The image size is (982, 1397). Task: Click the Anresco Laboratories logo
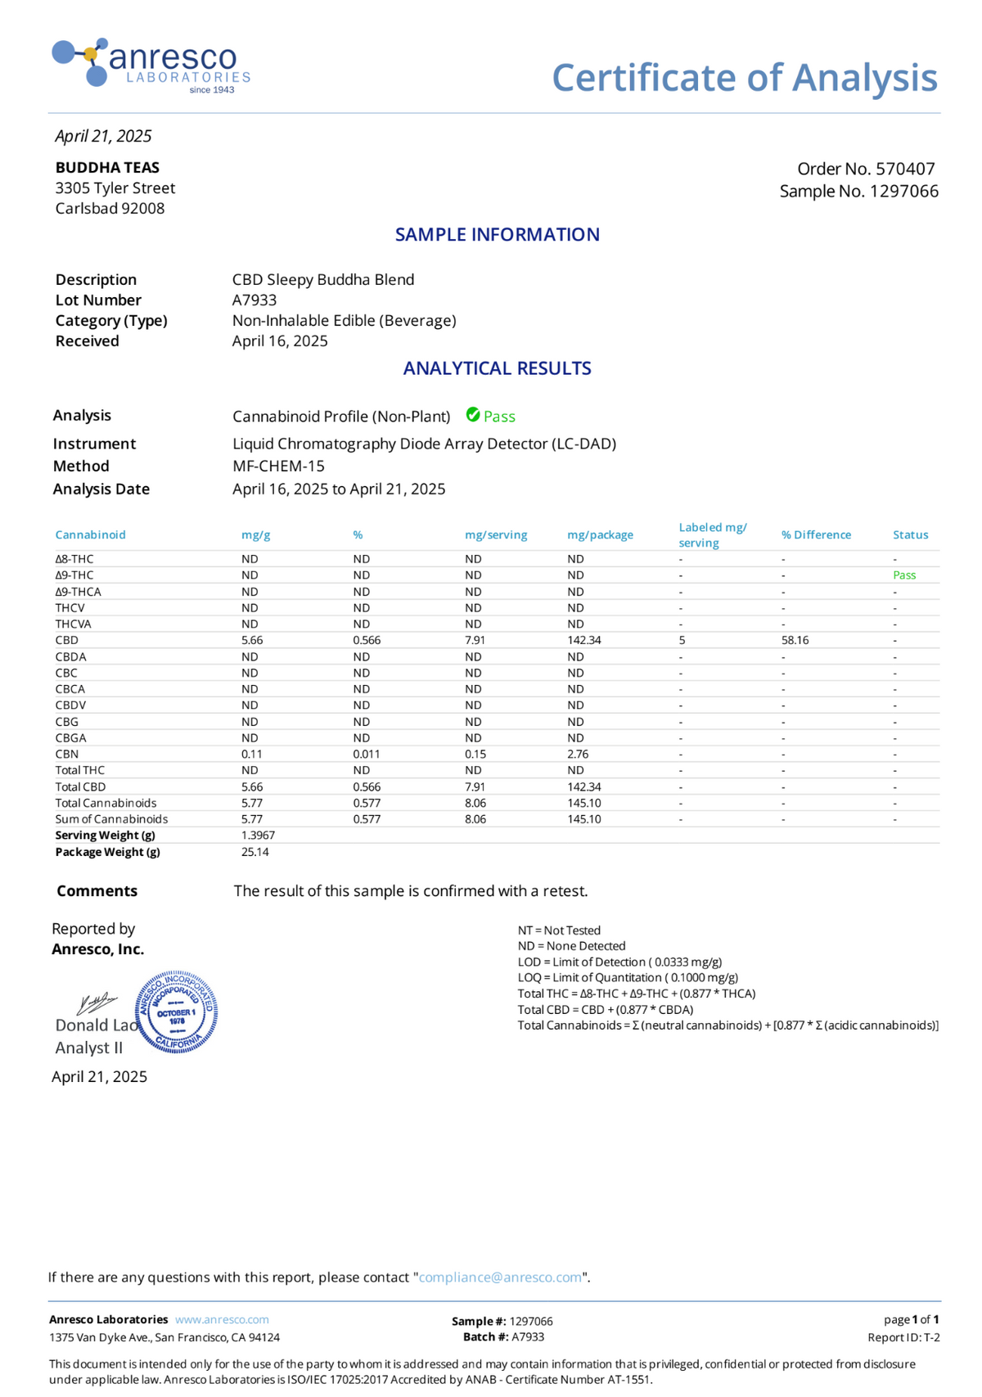(x=151, y=65)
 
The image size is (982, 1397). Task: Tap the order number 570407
(x=904, y=169)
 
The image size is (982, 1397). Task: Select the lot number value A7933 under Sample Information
(x=255, y=300)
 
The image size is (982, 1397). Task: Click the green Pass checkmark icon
(x=473, y=415)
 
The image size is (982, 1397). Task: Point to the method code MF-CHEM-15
(x=278, y=466)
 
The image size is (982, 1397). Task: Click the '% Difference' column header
(x=816, y=535)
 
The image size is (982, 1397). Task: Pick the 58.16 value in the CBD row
(x=795, y=640)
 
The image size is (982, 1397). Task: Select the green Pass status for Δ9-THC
(x=904, y=575)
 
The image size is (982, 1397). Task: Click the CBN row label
(x=67, y=754)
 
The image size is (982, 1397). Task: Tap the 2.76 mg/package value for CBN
(x=578, y=754)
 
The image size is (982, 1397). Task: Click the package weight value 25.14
(x=255, y=852)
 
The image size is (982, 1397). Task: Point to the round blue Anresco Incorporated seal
(x=176, y=1012)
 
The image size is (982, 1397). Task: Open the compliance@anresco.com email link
(x=500, y=1278)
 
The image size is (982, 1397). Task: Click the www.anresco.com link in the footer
(x=222, y=1320)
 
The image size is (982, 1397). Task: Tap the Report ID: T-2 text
(x=903, y=1337)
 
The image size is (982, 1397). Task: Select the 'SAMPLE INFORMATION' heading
(x=498, y=235)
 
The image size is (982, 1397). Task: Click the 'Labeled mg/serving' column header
(x=712, y=535)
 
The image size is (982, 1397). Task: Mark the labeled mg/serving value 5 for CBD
(x=682, y=640)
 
